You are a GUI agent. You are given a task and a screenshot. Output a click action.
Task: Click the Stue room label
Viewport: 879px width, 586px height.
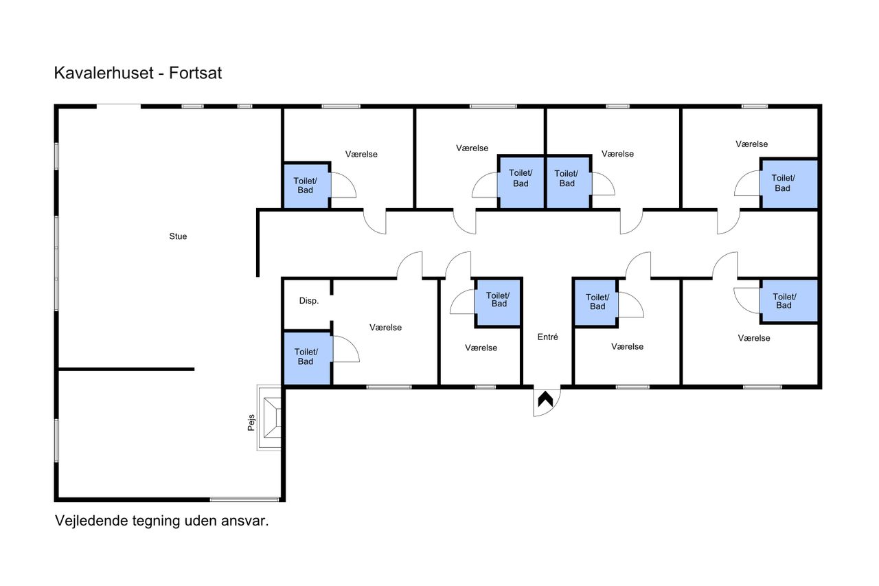click(178, 236)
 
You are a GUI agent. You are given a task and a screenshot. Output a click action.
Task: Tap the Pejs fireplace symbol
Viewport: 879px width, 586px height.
click(270, 418)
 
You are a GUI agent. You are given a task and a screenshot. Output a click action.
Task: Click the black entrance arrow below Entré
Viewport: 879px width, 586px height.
click(545, 399)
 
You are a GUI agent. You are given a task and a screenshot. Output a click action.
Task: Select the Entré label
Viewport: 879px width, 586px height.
click(547, 337)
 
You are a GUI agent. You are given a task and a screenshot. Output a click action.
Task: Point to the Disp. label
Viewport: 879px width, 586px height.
click(309, 301)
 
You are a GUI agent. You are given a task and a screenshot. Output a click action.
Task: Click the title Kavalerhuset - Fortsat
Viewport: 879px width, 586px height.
click(138, 73)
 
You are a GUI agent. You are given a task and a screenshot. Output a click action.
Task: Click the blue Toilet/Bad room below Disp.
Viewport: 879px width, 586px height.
click(306, 358)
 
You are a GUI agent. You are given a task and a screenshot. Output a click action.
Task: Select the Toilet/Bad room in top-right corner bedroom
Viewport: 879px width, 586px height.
click(789, 183)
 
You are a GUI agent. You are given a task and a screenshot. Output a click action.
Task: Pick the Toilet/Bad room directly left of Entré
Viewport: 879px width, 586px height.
click(498, 302)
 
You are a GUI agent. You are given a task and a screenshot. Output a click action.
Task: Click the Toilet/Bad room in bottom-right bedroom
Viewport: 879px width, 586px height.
click(789, 301)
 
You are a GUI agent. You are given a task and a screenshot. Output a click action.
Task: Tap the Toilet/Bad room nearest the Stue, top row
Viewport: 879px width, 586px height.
click(306, 185)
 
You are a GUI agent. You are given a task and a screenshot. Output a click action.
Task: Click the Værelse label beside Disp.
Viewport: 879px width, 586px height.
click(385, 327)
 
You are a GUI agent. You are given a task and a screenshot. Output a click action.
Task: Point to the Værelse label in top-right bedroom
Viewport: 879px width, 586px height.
click(751, 144)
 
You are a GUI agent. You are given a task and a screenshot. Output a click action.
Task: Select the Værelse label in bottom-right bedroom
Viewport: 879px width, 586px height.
click(754, 338)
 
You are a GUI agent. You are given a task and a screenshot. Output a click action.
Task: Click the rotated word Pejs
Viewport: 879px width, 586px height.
click(251, 422)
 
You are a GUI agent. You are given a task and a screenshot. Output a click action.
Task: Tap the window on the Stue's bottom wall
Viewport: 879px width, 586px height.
click(244, 499)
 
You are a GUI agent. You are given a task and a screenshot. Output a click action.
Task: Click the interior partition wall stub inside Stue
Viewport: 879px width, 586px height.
click(126, 369)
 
